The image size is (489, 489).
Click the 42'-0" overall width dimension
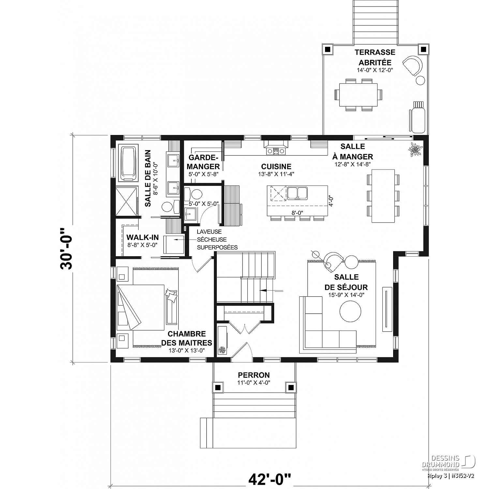269,480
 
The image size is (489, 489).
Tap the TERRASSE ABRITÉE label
375,57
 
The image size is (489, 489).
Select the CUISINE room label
276,167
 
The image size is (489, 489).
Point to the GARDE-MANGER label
203,162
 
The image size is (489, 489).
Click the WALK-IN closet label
142,237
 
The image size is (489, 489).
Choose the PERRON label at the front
254,375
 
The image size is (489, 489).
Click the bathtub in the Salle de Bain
128,163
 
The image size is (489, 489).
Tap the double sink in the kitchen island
297,193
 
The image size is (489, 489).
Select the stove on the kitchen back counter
276,151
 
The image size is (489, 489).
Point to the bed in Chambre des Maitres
141,307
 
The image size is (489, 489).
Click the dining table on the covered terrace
358,95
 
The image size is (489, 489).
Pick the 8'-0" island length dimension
297,213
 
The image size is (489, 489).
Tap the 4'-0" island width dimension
331,201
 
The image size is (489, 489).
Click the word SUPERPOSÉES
217,247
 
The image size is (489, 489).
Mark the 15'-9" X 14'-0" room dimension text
346,295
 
